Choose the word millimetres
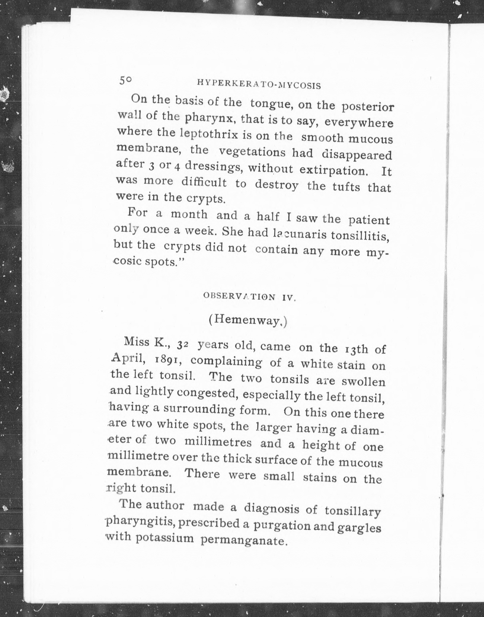[218, 442]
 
